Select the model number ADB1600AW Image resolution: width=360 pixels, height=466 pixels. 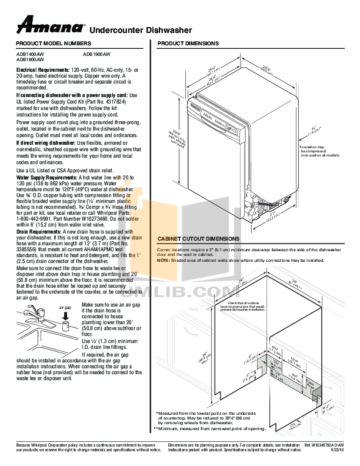29,59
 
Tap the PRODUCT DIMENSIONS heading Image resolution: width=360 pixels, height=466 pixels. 188,44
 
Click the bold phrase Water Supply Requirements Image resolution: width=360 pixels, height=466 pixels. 41,177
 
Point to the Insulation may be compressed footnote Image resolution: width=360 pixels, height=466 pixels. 321,151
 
